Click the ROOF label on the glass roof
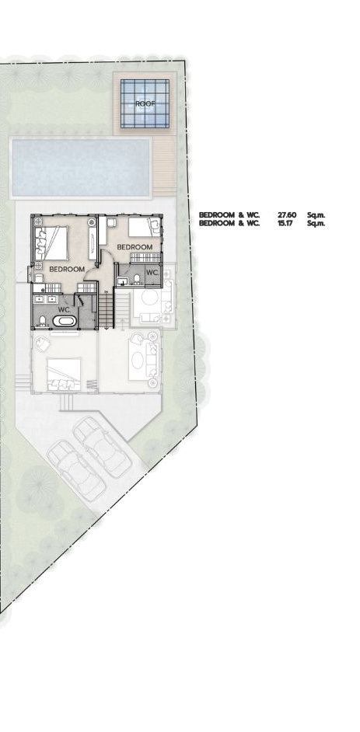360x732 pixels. [x=145, y=103]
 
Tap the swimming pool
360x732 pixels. [x=81, y=167]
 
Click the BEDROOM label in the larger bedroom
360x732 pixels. [x=67, y=269]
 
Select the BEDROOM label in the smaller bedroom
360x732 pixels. [x=135, y=246]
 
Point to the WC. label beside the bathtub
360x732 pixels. [x=64, y=309]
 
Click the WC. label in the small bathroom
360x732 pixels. [x=152, y=272]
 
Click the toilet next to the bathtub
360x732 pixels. [x=42, y=320]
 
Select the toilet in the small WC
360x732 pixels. [x=137, y=279]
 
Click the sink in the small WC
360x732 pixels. [x=122, y=281]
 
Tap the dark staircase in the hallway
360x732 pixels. [x=106, y=310]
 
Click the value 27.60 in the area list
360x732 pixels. [x=286, y=214]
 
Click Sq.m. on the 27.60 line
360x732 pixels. [x=316, y=214]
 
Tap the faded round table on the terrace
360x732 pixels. [x=149, y=298]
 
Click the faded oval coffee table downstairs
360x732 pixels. [x=138, y=360]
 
